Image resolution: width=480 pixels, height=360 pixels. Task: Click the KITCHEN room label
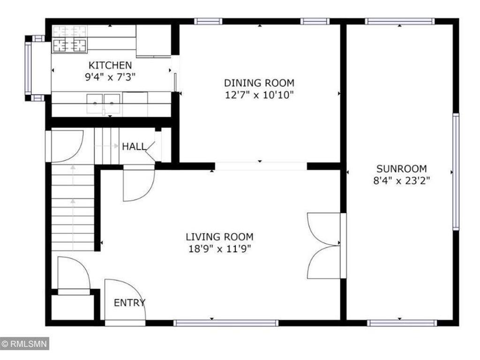111,65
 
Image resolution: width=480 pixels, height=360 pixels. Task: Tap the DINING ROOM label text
259,83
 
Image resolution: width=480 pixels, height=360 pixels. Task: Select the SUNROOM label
401,169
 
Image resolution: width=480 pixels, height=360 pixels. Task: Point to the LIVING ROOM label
219,237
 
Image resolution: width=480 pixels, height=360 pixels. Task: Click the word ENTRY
130,303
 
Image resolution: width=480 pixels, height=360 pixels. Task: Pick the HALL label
134,147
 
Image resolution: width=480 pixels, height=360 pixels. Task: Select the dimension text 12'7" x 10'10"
259,95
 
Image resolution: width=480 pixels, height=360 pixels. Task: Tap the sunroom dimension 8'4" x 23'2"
401,180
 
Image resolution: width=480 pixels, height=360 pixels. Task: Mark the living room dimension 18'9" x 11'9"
219,248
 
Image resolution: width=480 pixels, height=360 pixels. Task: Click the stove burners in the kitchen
70,45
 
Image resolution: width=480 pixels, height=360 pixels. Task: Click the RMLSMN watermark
24,344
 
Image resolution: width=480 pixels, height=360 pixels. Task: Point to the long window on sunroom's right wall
455,171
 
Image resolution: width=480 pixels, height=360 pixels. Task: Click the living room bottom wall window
225,322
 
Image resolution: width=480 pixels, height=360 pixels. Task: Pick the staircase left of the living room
73,206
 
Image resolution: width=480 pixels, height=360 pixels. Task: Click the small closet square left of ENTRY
72,307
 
